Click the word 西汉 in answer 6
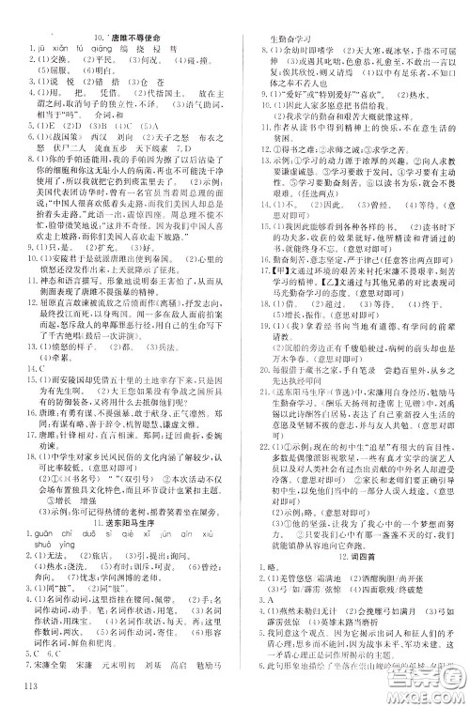94,138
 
